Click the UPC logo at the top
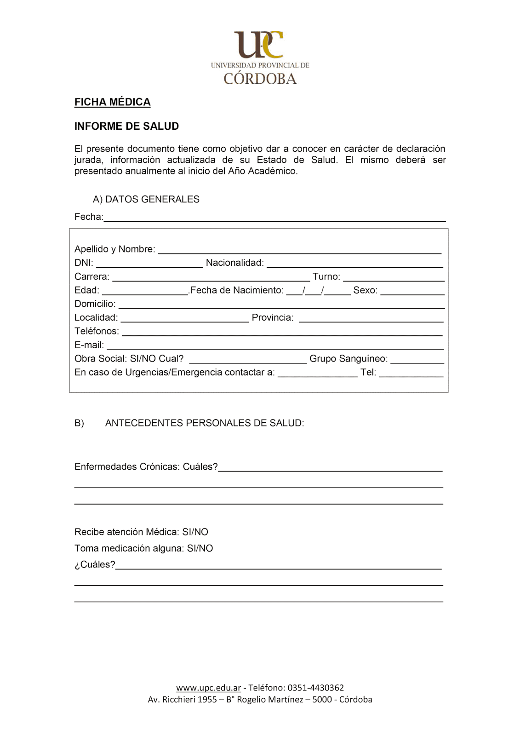point(260,57)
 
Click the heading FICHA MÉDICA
point(113,102)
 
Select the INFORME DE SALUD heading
point(126,126)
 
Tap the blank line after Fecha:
point(274,218)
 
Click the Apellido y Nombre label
point(114,249)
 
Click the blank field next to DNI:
point(149,264)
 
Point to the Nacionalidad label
point(234,263)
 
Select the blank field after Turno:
point(394,277)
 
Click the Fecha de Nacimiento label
point(237,290)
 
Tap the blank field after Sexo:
point(412,291)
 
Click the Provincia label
point(273,317)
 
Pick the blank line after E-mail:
point(274,346)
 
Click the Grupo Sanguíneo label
point(349,358)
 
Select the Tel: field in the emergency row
point(411,373)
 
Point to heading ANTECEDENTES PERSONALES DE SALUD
point(205,423)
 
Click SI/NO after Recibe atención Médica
point(195,532)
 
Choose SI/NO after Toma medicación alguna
point(200,548)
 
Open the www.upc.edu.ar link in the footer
point(208,688)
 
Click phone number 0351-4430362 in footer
point(316,688)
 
